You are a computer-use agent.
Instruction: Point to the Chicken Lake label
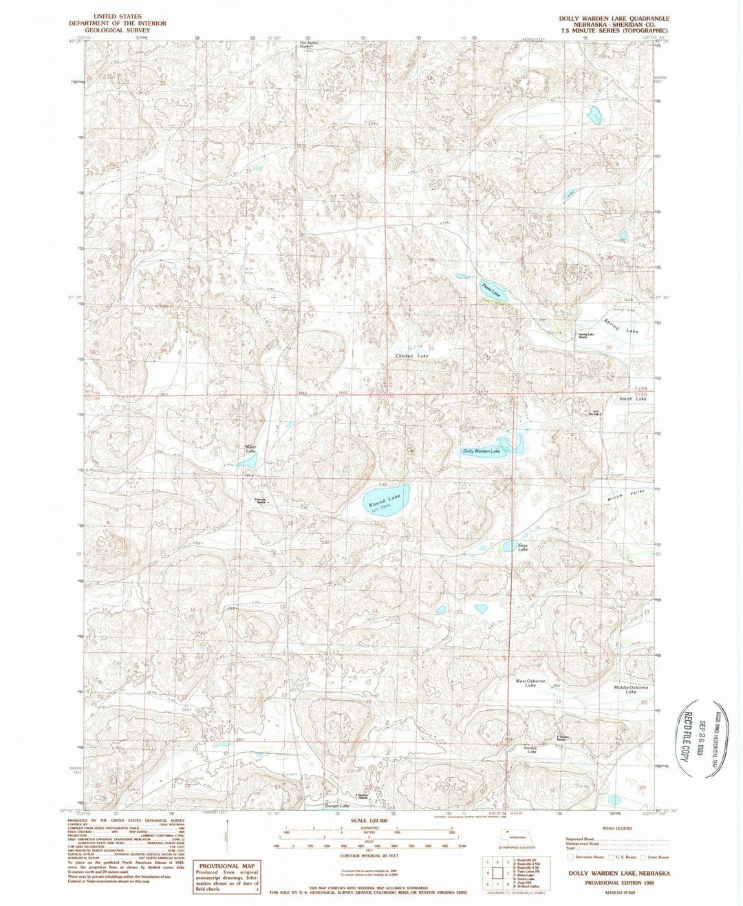coord(411,356)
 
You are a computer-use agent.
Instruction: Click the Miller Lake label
coord(250,449)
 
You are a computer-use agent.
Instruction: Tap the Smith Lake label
coord(632,399)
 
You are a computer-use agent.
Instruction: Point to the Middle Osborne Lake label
coord(631,689)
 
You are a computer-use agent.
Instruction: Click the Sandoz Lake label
coord(530,750)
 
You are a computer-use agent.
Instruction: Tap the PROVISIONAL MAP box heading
coord(227,866)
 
